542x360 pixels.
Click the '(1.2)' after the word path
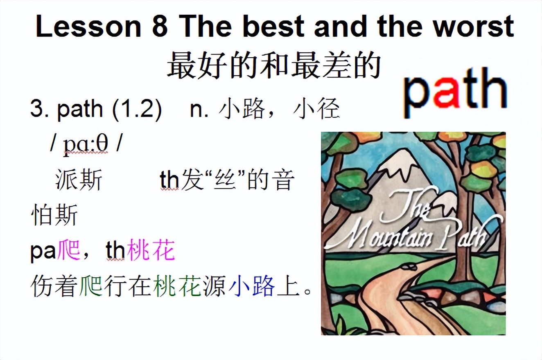coord(137,109)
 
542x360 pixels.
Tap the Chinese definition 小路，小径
coord(279,109)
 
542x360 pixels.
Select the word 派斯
coord(78,180)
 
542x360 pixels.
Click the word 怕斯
coord(54,215)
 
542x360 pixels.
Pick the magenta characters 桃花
coord(151,251)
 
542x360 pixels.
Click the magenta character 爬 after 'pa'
coord(69,251)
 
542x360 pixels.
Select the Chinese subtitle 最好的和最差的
coord(274,65)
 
